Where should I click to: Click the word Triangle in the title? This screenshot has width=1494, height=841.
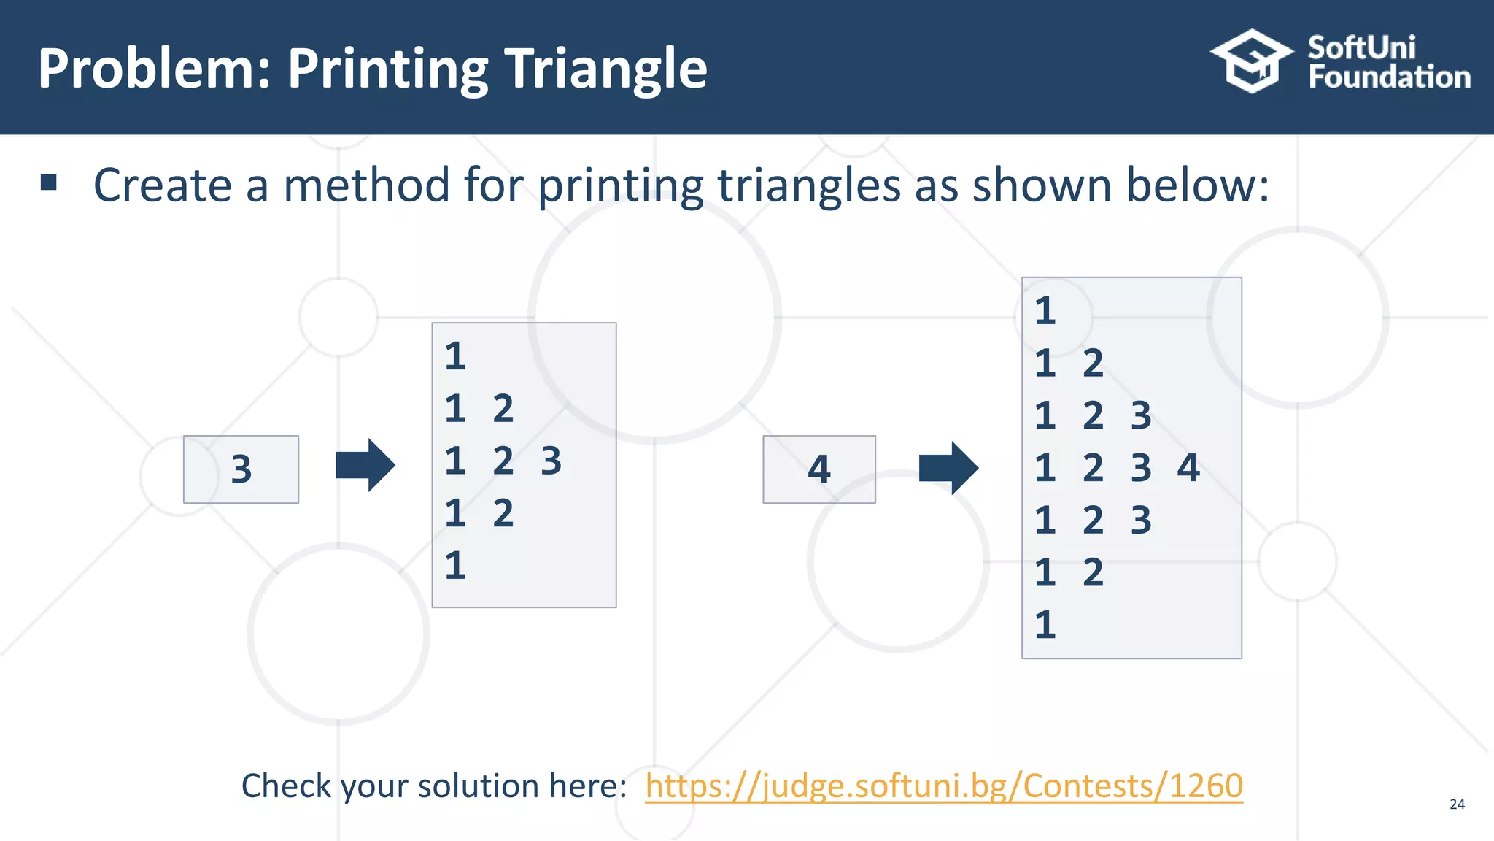[606, 69]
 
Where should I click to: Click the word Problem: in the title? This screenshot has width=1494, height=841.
[155, 69]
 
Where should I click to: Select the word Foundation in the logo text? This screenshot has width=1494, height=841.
[1389, 77]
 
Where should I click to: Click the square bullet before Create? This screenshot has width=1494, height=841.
[49, 183]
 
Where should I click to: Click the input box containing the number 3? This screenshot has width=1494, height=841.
[241, 469]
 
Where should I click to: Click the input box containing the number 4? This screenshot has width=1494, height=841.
[818, 469]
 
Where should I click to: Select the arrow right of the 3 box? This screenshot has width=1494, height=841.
[365, 465]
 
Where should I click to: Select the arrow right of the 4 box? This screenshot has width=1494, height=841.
[948, 468]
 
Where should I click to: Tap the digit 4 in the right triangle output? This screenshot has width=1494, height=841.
[1188, 468]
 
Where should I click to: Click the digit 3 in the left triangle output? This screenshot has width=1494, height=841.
[551, 461]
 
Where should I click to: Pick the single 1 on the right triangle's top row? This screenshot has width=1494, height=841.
[1045, 311]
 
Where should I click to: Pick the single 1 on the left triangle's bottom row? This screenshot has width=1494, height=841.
[455, 566]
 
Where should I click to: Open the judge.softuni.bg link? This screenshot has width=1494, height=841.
[943, 786]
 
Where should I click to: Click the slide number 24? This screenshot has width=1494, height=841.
[1457, 804]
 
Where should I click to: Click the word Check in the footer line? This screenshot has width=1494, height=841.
[287, 786]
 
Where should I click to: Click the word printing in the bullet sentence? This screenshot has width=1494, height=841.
[621, 186]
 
